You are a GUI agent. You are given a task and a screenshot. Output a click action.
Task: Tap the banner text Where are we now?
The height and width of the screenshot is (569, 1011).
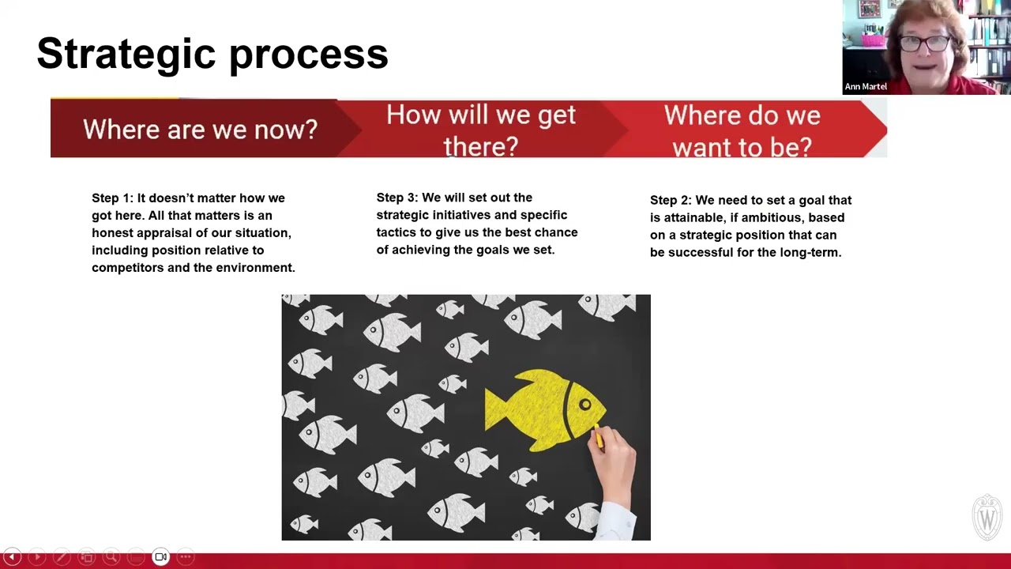[200, 129]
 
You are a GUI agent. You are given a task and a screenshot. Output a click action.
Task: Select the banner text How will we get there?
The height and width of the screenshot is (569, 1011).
[480, 130]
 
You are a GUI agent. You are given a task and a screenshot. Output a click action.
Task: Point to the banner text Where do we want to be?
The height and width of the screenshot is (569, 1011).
[742, 130]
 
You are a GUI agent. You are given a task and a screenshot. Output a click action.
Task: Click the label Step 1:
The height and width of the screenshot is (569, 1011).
[112, 198]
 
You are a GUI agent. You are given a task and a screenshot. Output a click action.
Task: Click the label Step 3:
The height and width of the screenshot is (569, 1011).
[397, 198]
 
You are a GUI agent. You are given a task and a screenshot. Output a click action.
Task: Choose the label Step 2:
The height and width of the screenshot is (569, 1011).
[671, 200]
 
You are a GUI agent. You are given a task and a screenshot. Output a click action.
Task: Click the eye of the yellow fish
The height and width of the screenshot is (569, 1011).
[585, 405]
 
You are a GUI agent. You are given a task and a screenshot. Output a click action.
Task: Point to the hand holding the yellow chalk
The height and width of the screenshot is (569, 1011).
[614, 462]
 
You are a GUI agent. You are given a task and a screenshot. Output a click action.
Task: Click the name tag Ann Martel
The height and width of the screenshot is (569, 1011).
[866, 86]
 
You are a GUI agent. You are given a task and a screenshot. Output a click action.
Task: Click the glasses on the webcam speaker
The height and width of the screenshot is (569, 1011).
[926, 43]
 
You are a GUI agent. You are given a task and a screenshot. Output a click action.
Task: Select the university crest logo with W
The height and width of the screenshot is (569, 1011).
[987, 518]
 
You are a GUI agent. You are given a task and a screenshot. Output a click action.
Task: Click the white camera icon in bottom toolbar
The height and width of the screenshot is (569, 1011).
[160, 557]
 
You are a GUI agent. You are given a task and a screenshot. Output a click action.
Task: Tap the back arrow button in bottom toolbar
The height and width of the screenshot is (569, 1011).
[12, 557]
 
